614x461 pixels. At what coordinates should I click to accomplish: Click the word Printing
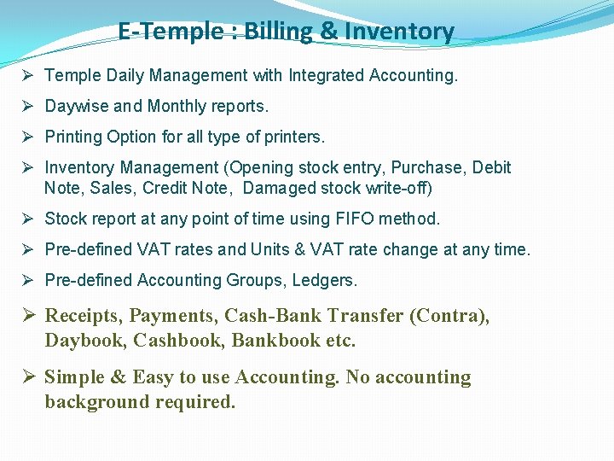73,137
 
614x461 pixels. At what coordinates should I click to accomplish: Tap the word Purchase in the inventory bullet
431,168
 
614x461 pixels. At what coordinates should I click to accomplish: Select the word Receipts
83,316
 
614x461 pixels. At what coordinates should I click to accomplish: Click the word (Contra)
449,316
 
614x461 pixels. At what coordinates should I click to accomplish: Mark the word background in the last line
97,402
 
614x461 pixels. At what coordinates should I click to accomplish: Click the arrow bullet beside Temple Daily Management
28,75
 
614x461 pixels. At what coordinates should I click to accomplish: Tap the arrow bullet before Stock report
28,219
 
